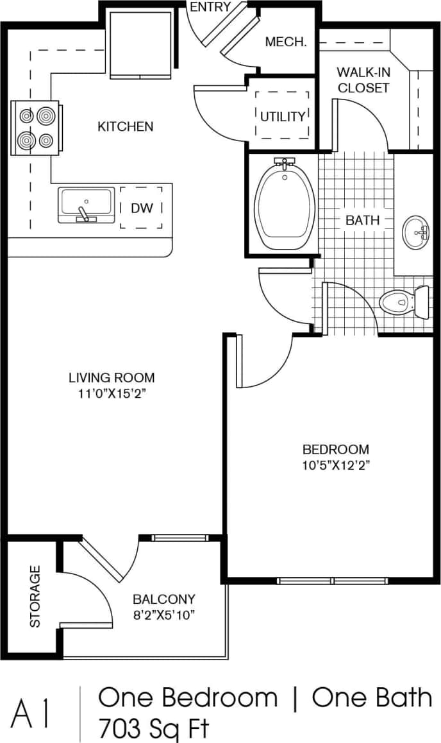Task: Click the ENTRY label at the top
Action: pyautogui.click(x=210, y=7)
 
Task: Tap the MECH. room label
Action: pyautogui.click(x=287, y=43)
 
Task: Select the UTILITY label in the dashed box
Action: pyautogui.click(x=283, y=116)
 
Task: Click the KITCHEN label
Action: pyautogui.click(x=126, y=126)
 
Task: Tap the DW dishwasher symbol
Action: pyautogui.click(x=141, y=208)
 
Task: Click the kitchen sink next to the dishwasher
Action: pyautogui.click(x=86, y=205)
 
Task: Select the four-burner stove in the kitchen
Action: pyautogui.click(x=36, y=127)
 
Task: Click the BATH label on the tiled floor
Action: pyautogui.click(x=363, y=220)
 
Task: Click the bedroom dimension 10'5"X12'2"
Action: pyautogui.click(x=335, y=465)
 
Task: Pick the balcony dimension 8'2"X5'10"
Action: pyautogui.click(x=163, y=615)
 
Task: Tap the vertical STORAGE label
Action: pyautogui.click(x=35, y=596)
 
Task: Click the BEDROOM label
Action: pyautogui.click(x=335, y=449)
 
